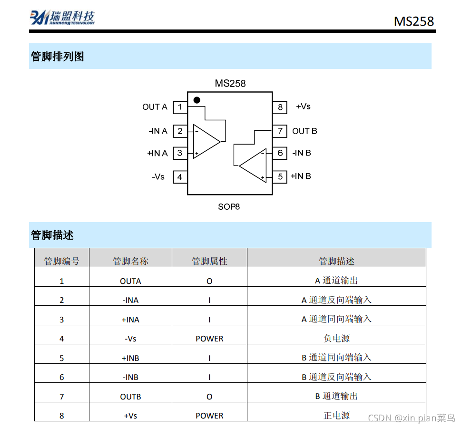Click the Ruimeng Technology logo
(x=62, y=17)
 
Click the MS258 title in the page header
(x=413, y=21)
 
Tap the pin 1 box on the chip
(x=180, y=107)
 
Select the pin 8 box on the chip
(x=280, y=107)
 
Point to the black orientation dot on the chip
(x=197, y=100)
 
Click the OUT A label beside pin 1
(x=155, y=107)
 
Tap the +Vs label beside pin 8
(x=303, y=107)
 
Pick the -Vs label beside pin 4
(x=158, y=177)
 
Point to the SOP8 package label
(x=229, y=207)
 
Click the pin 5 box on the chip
(x=280, y=177)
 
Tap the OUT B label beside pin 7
(x=305, y=131)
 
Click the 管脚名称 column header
(x=130, y=261)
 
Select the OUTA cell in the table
(x=130, y=281)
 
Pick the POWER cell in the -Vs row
(x=209, y=339)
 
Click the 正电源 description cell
(x=336, y=416)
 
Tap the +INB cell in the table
(x=130, y=358)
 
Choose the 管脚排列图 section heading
(x=58, y=57)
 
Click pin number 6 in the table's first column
(x=61, y=377)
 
